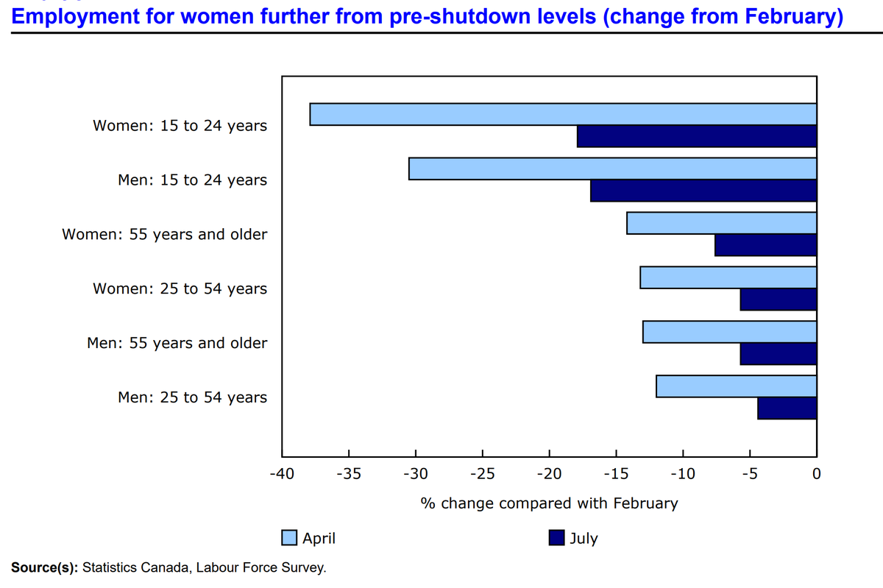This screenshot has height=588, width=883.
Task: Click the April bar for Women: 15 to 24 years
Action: point(563,115)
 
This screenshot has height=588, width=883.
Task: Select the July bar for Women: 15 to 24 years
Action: point(697,137)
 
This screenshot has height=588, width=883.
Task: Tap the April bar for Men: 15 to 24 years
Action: point(612,169)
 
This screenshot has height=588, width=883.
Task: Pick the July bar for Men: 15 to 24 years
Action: point(703,191)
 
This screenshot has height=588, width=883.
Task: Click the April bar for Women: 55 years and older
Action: point(721,223)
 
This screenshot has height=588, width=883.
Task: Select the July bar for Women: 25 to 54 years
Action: point(778,300)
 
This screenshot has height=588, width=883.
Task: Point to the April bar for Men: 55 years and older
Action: point(729,332)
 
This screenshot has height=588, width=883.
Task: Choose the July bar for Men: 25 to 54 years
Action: point(787,408)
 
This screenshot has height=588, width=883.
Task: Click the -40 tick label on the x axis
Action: point(282,472)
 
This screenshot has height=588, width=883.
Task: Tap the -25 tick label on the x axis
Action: point(482,472)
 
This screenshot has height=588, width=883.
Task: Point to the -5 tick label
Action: point(750,472)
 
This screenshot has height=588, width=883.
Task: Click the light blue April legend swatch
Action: point(290,538)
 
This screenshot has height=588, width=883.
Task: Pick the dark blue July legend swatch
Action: point(557,538)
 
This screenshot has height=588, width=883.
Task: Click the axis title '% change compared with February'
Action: point(549,503)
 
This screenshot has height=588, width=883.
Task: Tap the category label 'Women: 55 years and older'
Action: point(164,235)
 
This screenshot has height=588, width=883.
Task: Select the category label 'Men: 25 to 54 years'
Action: point(192,397)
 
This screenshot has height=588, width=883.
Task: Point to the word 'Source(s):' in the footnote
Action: point(44,567)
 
